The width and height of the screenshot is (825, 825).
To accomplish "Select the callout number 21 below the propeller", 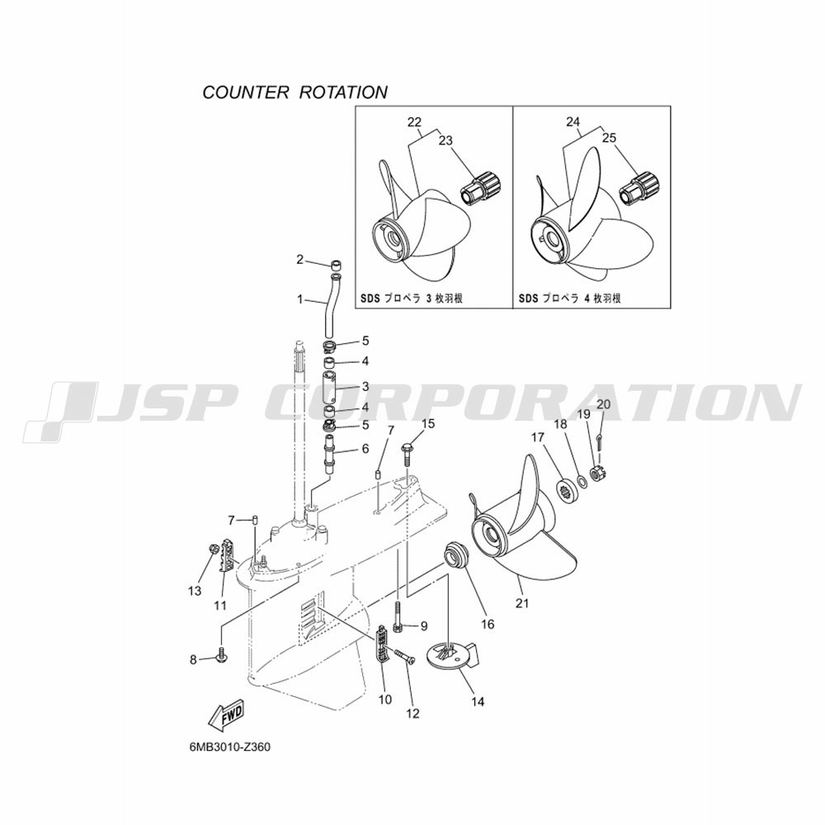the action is tap(521, 603).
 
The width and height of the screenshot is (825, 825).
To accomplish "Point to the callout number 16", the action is tap(488, 624).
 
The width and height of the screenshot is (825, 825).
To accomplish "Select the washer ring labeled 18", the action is tap(582, 480).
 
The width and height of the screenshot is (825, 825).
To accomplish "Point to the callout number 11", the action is tap(220, 606).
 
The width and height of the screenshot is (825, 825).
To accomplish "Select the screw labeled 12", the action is tap(403, 656).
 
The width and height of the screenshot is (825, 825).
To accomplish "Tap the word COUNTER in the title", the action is tap(246, 92).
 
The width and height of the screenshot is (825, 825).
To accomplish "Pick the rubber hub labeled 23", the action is tap(481, 190).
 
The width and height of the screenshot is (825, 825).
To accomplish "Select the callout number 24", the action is tap(573, 121).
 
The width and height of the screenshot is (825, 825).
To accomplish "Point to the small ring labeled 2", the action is tap(335, 263).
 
